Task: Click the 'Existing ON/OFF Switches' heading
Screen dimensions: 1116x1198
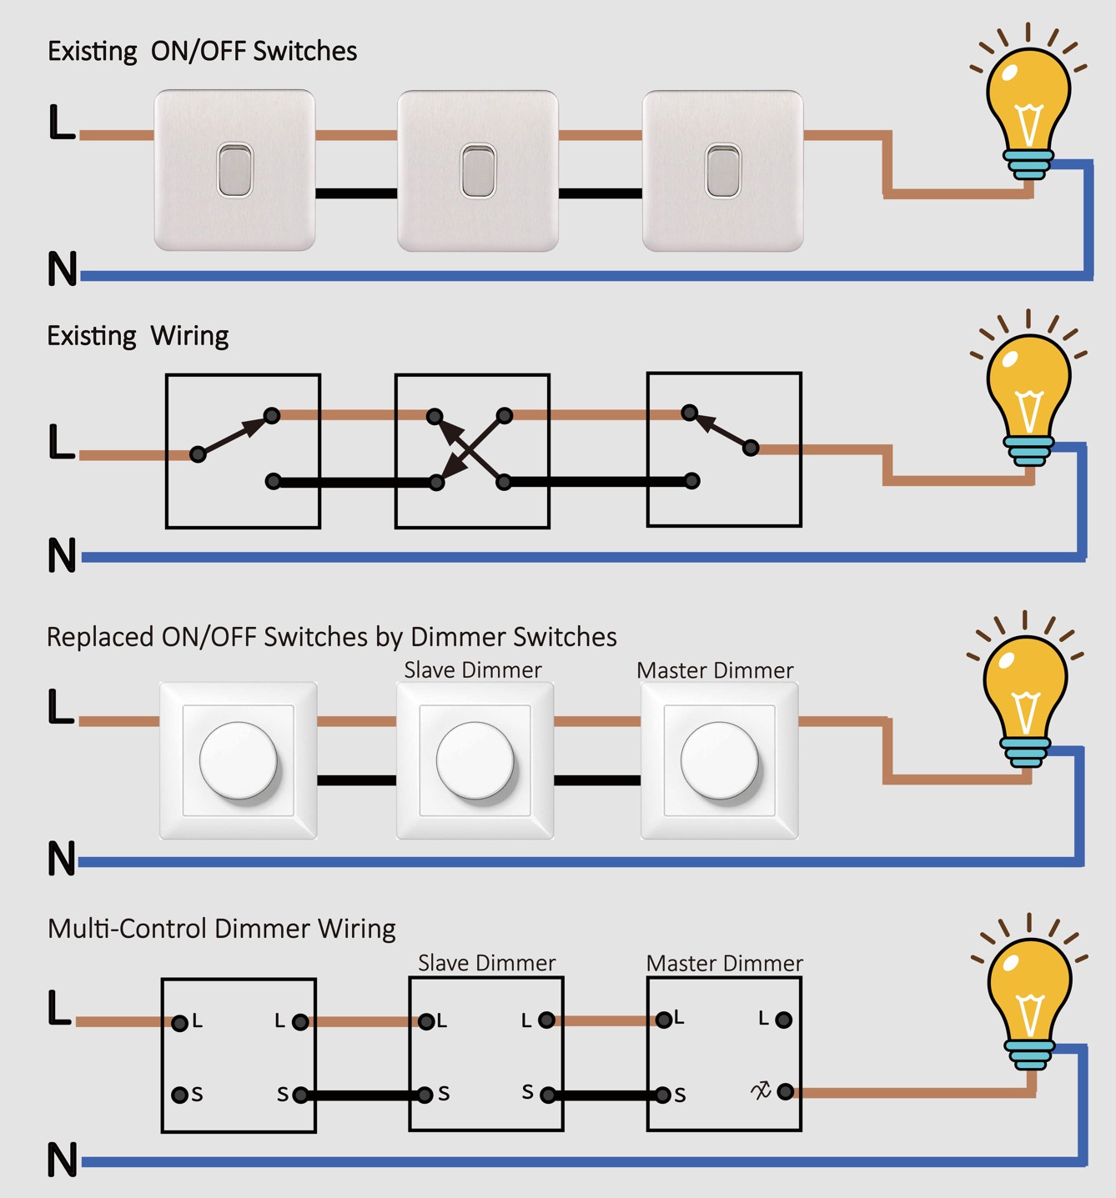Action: click(x=202, y=52)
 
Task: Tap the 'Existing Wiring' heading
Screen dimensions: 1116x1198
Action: click(x=138, y=336)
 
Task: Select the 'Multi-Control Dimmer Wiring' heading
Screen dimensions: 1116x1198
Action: click(x=222, y=929)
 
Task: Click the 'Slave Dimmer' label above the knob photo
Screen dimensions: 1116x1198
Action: click(x=473, y=670)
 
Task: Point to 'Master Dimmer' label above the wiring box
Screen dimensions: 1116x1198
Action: click(x=724, y=964)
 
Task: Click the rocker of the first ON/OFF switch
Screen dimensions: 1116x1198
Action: click(x=234, y=170)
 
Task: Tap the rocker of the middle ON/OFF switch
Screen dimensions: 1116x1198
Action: click(x=478, y=171)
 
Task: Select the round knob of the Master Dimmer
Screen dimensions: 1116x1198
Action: click(x=720, y=761)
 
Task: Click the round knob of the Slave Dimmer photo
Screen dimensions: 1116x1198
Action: click(x=475, y=761)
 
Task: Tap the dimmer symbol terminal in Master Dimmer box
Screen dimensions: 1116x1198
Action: click(x=785, y=1090)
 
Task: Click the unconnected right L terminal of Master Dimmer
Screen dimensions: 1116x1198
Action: click(x=784, y=1020)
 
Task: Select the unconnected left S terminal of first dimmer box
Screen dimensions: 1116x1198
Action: click(x=179, y=1095)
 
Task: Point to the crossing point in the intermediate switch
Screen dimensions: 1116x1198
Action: click(x=470, y=449)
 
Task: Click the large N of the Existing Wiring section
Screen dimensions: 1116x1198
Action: click(x=63, y=555)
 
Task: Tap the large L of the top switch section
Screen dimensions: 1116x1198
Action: click(x=62, y=122)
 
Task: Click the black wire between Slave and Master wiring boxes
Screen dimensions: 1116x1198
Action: click(x=606, y=1095)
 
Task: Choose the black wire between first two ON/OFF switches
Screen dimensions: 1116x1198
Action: click(x=356, y=193)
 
